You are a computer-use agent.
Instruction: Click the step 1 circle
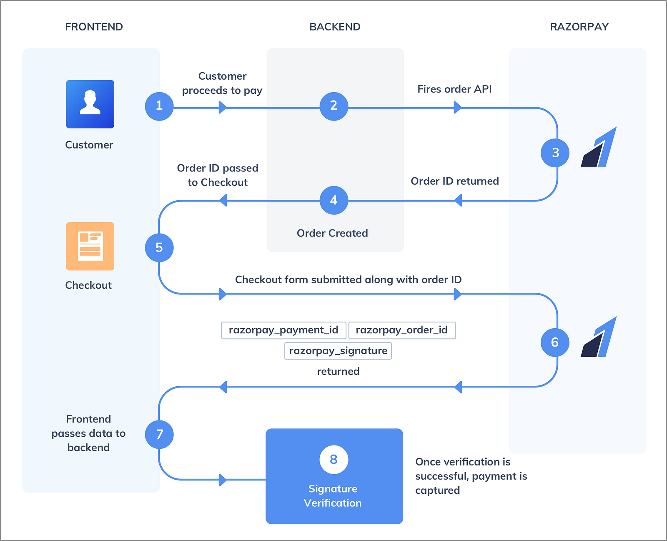(159, 106)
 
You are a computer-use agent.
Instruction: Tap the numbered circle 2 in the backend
(334, 106)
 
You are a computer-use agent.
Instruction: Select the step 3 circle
(555, 153)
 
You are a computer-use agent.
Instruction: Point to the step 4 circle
(334, 200)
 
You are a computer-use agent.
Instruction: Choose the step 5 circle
(159, 248)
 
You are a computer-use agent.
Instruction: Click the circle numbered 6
(555, 342)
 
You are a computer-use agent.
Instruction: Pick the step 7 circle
(159, 435)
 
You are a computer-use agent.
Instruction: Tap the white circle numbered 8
(334, 460)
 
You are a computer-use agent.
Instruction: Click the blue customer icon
(90, 104)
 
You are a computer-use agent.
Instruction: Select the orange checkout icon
(90, 246)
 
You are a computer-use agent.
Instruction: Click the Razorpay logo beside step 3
(599, 147)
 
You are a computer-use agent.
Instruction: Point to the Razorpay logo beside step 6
(599, 337)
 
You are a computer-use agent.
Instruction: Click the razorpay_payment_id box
(284, 330)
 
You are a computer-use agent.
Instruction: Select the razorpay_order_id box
(402, 330)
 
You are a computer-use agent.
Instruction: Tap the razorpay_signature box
(338, 351)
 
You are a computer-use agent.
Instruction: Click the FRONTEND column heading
(94, 27)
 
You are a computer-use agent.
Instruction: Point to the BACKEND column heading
(335, 27)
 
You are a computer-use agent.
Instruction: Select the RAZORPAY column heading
(579, 27)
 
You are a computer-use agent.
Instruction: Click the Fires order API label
(454, 89)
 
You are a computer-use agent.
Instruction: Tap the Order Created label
(332, 234)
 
